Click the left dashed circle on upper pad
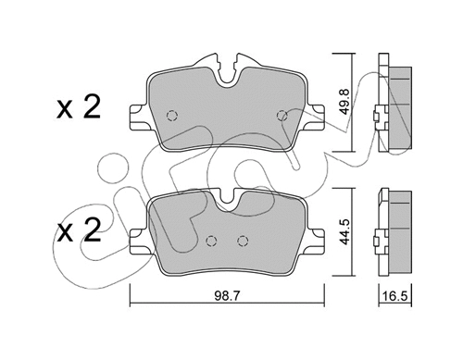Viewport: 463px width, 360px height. click(172, 117)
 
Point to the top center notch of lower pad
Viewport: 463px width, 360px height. click(227, 197)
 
